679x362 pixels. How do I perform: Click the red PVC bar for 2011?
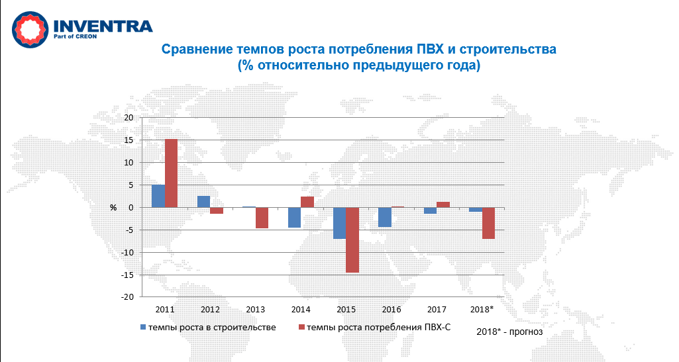tap(171, 173)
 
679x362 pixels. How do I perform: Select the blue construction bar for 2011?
tap(158, 196)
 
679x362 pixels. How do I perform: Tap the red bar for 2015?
tap(352, 240)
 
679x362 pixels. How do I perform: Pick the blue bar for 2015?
tap(340, 223)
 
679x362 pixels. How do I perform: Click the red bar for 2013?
tap(262, 218)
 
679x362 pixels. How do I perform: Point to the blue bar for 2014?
tap(294, 217)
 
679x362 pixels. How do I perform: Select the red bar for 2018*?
tap(488, 223)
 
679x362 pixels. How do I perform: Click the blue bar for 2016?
tap(385, 217)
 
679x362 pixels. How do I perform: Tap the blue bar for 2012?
tap(203, 201)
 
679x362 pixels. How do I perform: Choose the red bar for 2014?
tap(307, 202)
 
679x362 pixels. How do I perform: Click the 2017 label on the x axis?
tap(437, 309)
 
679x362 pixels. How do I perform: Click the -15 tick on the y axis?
tap(127, 275)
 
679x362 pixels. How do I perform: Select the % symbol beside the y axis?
tap(113, 208)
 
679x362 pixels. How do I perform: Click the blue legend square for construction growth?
tap(142, 327)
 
